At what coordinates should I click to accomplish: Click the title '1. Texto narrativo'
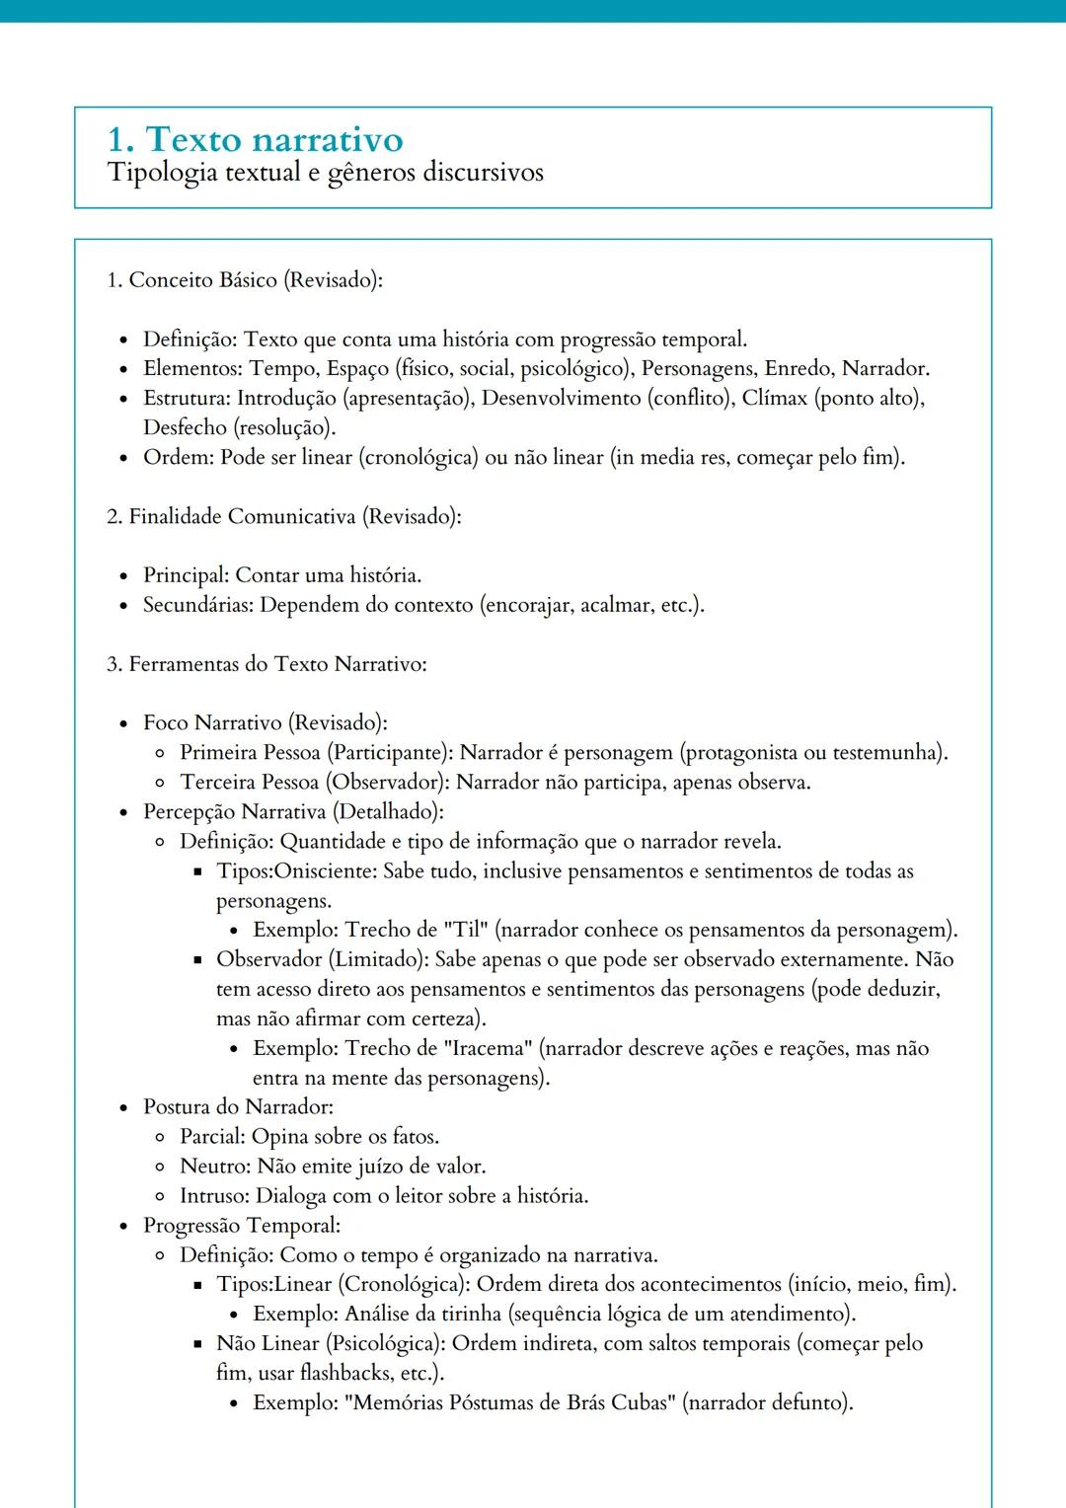[255, 139]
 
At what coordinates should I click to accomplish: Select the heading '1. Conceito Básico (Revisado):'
[245, 280]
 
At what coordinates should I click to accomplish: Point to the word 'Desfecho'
[185, 427]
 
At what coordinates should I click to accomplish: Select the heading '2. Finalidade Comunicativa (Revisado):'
[283, 516]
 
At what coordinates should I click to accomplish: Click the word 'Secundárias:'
[198, 605]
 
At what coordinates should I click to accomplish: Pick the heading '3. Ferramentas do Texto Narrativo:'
[266, 664]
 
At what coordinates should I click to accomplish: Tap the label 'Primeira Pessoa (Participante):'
[317, 753]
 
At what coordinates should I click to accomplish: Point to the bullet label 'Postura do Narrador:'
[238, 1106]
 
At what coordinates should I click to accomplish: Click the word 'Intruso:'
[214, 1195]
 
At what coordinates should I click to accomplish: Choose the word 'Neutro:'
[215, 1166]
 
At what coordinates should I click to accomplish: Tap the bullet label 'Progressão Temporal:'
[242, 1225]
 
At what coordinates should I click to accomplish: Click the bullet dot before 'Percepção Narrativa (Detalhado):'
[123, 812]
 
